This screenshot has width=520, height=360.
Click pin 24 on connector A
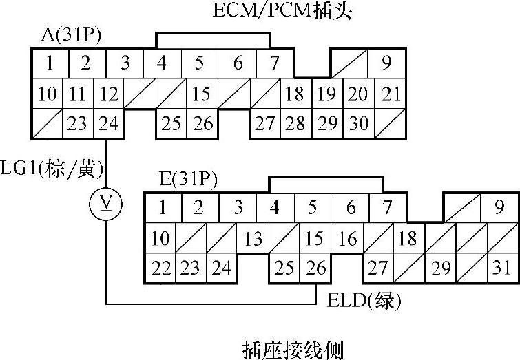tap(107, 124)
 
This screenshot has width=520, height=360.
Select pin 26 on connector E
tap(316, 267)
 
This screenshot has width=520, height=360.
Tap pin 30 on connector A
tap(357, 124)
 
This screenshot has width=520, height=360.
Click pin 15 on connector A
tap(200, 94)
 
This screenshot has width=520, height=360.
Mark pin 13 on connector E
tap(253, 239)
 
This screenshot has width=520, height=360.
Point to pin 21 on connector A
tap(391, 94)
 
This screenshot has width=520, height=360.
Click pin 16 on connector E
tap(348, 239)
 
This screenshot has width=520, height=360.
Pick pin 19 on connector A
tap(328, 94)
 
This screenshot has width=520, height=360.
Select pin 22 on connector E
tap(161, 267)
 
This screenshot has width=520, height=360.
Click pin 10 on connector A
tap(47, 94)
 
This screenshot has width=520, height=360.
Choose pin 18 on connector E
tap(408, 239)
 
